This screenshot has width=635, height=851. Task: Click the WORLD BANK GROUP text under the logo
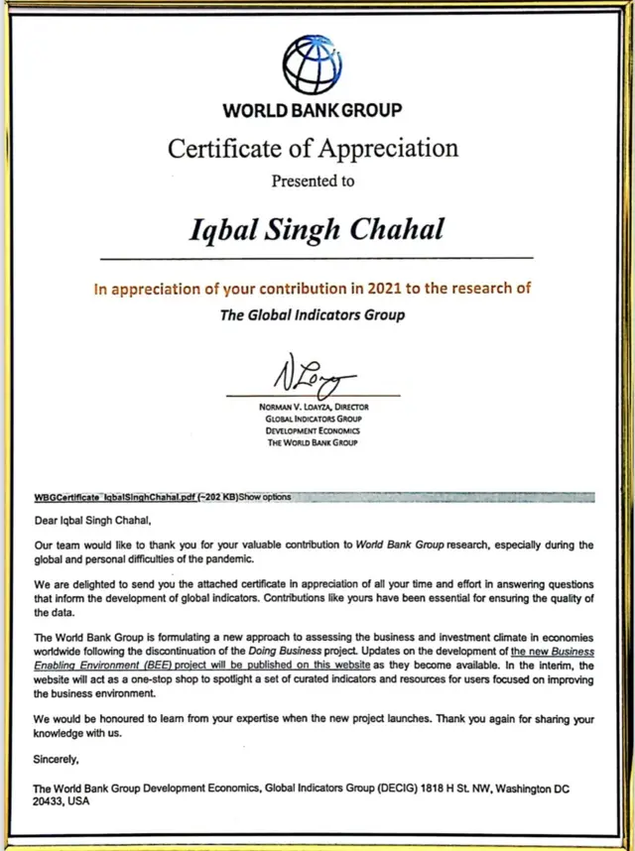[313, 110]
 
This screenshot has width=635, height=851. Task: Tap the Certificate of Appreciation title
[313, 149]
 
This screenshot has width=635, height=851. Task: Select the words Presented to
[313, 181]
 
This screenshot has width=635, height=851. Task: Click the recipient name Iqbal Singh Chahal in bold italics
[316, 228]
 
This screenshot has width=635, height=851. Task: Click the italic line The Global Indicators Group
[312, 315]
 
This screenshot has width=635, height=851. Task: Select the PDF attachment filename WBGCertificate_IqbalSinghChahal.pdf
[115, 496]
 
